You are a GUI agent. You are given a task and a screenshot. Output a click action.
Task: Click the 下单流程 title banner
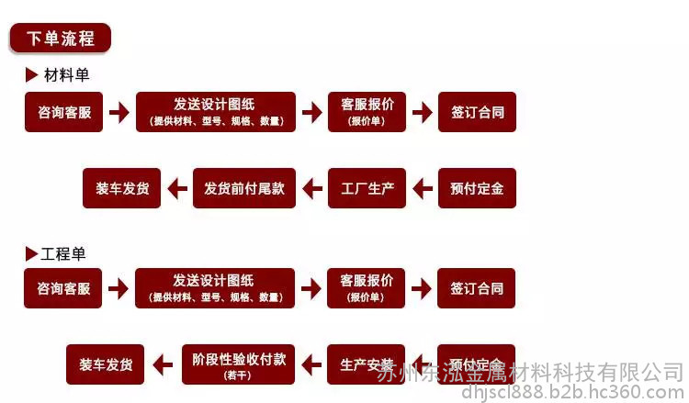60,39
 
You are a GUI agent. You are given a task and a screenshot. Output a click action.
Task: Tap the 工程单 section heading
64,253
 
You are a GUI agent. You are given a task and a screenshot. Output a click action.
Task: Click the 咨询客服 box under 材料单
64,112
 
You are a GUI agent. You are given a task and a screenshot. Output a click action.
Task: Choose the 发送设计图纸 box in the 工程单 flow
215,287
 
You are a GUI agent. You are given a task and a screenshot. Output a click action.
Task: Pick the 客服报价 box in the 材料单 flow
367,112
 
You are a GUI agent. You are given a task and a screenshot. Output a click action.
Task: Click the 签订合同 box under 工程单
477,288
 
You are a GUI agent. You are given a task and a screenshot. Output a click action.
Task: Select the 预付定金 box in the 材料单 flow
477,189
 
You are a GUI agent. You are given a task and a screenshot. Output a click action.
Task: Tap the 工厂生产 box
367,189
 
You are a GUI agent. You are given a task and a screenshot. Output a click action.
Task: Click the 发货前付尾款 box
243,189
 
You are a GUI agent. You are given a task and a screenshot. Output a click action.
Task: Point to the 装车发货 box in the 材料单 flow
122,189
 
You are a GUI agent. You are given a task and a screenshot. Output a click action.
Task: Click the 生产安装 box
367,364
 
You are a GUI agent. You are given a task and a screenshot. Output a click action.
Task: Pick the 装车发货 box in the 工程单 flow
106,364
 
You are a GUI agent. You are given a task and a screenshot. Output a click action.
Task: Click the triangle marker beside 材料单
32,75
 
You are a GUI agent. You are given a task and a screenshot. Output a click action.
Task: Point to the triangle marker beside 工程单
31,253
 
